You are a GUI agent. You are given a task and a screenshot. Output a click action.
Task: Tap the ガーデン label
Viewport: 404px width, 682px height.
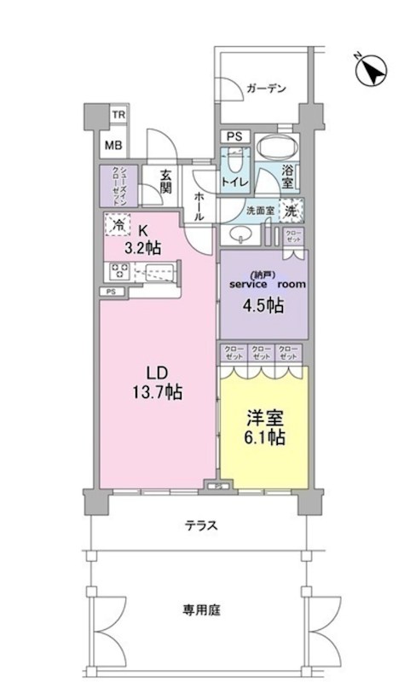(x=265, y=88)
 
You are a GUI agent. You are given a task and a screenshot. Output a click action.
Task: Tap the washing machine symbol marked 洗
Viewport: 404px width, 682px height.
(x=291, y=210)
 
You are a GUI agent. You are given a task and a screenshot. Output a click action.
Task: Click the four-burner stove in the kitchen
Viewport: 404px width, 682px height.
(x=117, y=272)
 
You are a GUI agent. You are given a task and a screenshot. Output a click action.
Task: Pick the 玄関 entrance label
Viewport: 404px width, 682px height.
(x=165, y=182)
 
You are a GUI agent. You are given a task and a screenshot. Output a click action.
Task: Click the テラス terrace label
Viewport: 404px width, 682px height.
(x=200, y=526)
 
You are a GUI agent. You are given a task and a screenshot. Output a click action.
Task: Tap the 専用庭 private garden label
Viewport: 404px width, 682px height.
(x=200, y=610)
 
